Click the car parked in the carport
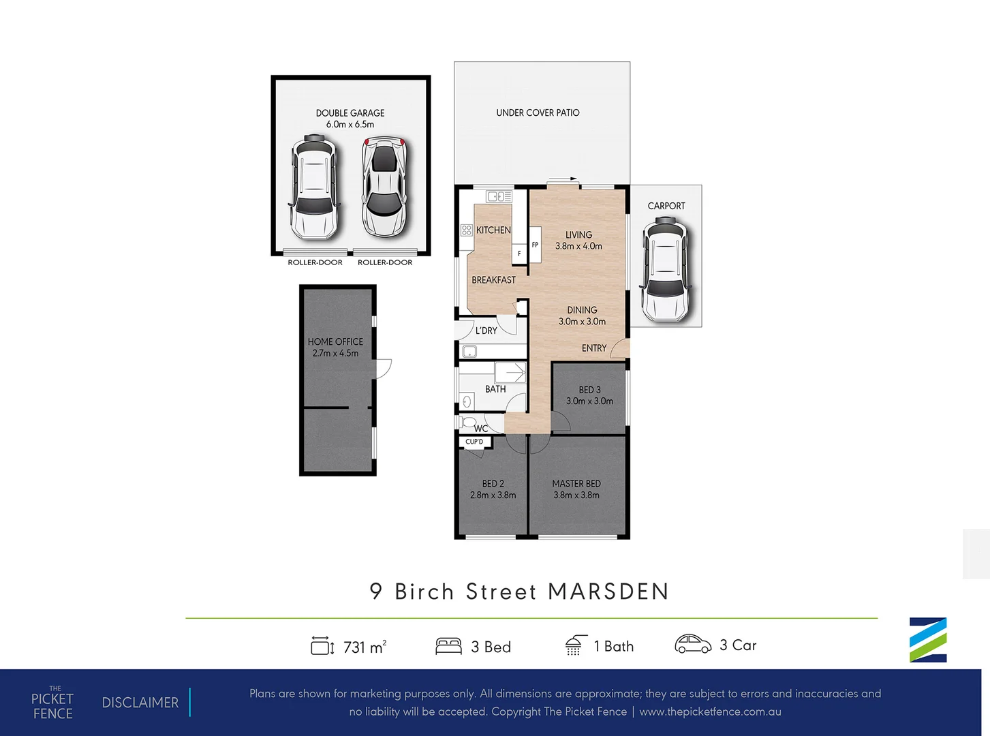(665, 269)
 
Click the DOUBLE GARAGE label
(350, 113)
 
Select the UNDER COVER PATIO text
(538, 112)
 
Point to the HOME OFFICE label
(335, 341)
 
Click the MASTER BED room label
(576, 484)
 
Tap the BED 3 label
(589, 390)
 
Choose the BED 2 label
(493, 484)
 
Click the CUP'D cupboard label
(474, 442)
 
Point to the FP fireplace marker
(535, 245)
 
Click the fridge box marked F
(519, 254)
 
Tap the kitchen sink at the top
(498, 196)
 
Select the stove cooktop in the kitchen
(466, 230)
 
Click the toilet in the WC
(468, 423)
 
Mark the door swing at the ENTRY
(619, 348)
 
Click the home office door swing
(383, 368)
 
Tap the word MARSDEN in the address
(608, 592)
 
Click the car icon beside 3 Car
(692, 644)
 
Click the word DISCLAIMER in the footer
(140, 703)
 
